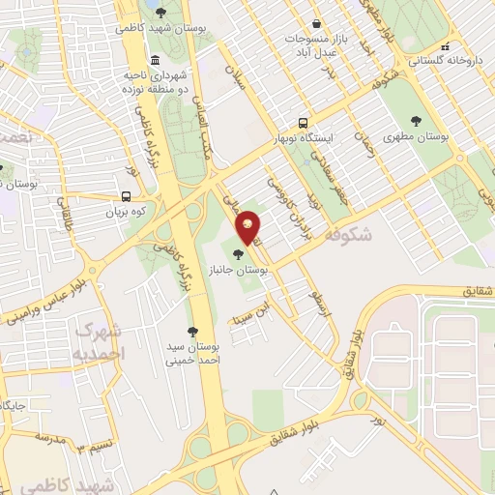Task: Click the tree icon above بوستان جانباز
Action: pyautogui.click(x=238, y=254)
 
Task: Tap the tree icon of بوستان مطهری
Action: pyautogui.click(x=417, y=122)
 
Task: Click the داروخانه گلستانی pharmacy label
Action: pyautogui.click(x=446, y=60)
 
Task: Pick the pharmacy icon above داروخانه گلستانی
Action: pyautogui.click(x=445, y=45)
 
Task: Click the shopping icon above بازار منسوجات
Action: pyautogui.click(x=317, y=24)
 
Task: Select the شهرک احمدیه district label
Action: pyautogui.click(x=100, y=342)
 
